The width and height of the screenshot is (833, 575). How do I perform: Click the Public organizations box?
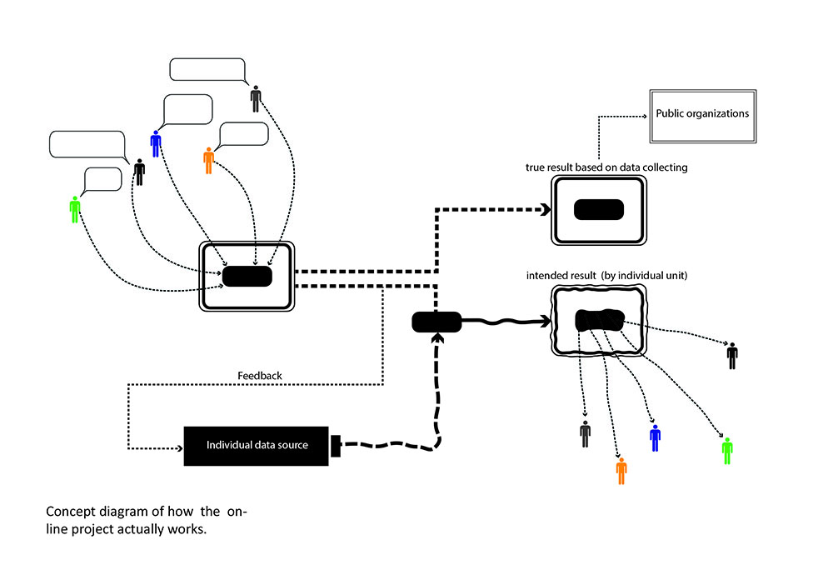[701, 114]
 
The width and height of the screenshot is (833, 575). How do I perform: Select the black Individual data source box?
[257, 445]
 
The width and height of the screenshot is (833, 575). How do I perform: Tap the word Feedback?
[261, 376]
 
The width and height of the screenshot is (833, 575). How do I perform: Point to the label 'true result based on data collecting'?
[606, 167]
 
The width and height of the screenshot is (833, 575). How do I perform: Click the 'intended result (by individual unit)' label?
[606, 275]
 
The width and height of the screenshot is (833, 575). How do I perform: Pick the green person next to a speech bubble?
[75, 209]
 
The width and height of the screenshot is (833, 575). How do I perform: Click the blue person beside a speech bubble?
[156, 143]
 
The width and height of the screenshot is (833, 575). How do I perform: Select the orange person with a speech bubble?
[208, 160]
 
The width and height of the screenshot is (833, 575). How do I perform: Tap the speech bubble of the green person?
[102, 180]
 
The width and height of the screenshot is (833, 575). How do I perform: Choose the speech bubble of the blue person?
[187, 110]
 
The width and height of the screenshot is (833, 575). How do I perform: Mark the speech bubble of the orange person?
[244, 134]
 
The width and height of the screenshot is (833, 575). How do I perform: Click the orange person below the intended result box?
[621, 470]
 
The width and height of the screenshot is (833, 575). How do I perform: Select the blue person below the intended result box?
[655, 437]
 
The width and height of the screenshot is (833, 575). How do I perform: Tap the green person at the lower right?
[727, 450]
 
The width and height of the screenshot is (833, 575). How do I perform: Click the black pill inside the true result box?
[598, 209]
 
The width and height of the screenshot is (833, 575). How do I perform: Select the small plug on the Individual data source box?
[337, 446]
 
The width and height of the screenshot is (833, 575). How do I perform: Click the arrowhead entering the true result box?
[546, 210]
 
